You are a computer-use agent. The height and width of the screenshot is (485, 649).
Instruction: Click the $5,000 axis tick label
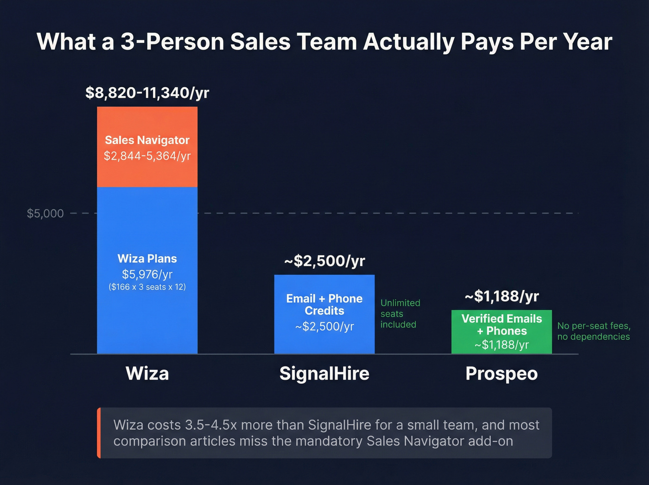(45, 213)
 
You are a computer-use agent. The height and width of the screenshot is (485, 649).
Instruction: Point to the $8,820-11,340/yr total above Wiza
(147, 93)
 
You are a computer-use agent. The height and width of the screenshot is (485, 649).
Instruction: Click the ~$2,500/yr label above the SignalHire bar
(324, 261)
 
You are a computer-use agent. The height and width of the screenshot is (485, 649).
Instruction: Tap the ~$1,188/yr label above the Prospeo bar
(502, 296)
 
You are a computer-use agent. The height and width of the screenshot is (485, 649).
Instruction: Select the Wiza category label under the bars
(147, 374)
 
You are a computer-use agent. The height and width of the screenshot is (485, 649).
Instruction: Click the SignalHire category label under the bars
(324, 374)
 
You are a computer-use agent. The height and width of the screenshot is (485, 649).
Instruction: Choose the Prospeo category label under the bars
(502, 374)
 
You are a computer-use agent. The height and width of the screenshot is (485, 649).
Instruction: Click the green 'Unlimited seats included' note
(400, 314)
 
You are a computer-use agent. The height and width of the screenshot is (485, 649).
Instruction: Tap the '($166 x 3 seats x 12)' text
(147, 287)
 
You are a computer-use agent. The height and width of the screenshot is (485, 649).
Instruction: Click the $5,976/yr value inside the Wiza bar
(147, 274)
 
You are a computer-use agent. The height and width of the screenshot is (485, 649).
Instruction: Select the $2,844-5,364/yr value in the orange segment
(147, 156)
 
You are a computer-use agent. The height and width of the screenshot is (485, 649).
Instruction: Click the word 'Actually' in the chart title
(408, 42)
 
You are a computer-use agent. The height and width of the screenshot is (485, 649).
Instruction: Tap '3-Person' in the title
(172, 42)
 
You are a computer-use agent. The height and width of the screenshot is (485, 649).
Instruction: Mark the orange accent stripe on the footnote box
(99, 433)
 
